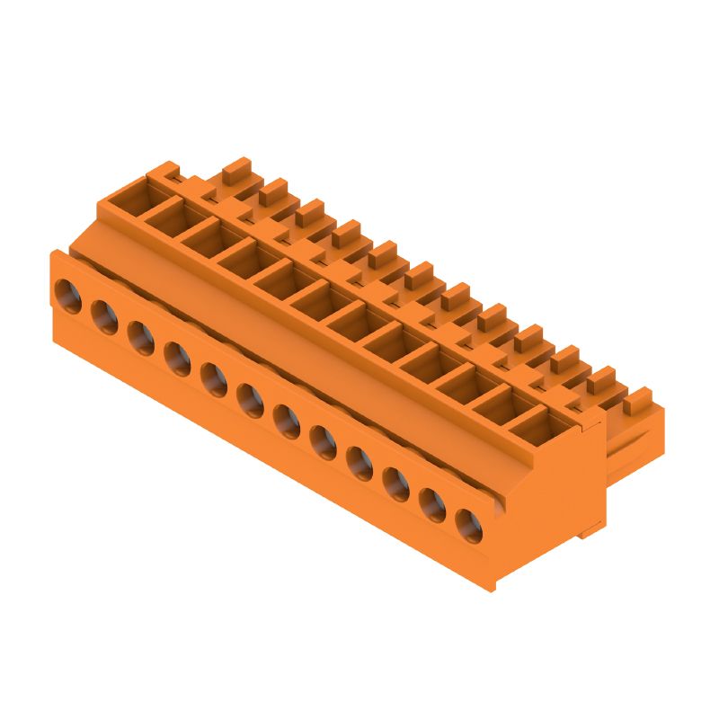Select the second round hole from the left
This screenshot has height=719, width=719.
(104, 315)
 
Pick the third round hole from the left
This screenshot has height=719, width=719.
(140, 336)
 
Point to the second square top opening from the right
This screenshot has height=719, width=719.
(500, 402)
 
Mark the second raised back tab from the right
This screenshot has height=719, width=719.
(601, 377)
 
